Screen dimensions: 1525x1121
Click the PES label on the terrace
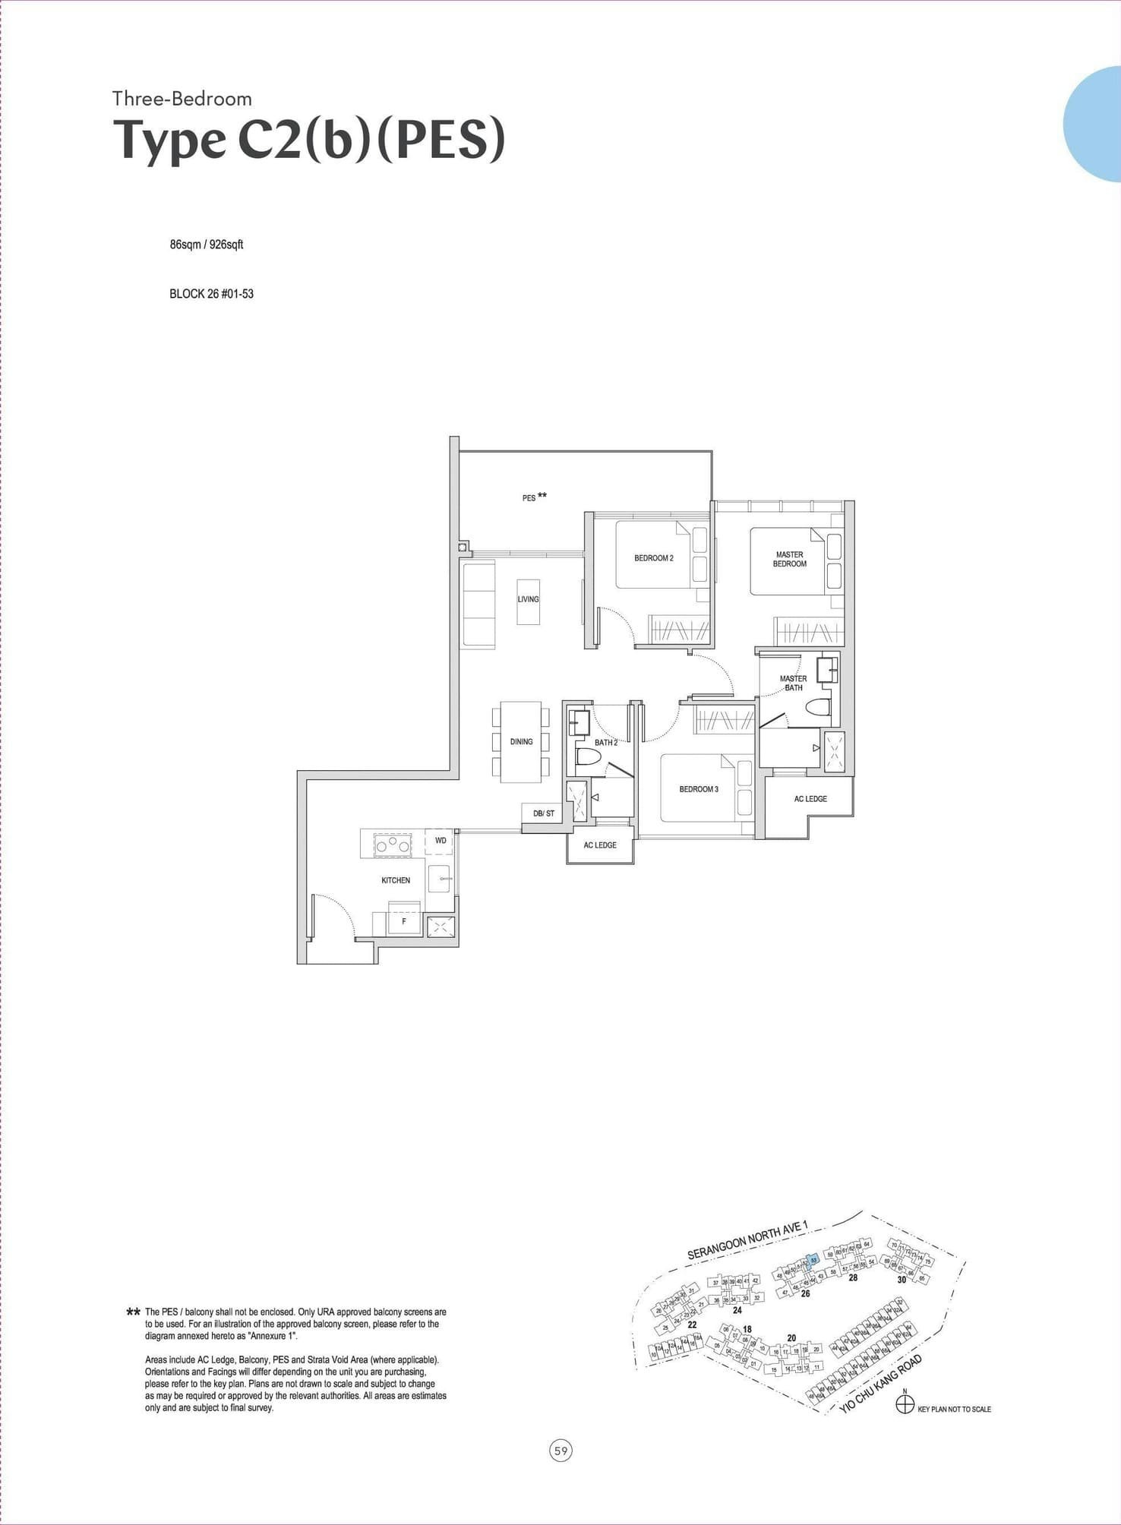(529, 498)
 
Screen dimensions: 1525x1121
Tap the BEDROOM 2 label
(653, 558)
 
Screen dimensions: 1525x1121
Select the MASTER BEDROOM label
(789, 560)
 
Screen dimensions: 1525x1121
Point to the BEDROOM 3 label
(698, 789)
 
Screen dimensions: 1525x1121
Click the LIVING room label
(528, 599)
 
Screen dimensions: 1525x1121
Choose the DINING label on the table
(521, 741)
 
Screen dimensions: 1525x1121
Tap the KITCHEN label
(395, 880)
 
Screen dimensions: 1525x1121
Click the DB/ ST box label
(543, 813)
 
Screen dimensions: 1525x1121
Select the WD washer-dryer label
(441, 841)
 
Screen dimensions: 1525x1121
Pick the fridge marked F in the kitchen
(404, 921)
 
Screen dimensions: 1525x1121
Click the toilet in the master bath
(816, 708)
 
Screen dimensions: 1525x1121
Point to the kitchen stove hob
(391, 845)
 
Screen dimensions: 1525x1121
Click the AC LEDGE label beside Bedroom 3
(810, 799)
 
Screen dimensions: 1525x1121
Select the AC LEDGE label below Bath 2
(599, 845)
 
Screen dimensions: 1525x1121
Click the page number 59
(560, 1451)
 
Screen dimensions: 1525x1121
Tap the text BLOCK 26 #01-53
(211, 294)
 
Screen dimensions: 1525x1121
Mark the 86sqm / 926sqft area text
(206, 245)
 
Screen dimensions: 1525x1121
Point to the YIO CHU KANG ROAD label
(881, 1384)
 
